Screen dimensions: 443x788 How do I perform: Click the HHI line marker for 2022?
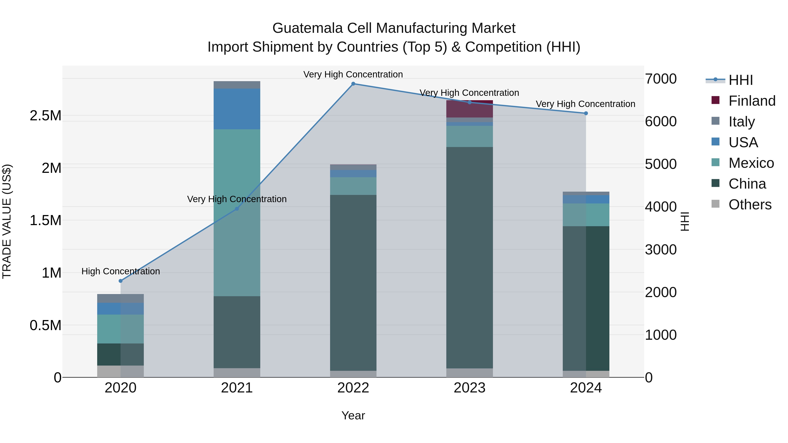(x=353, y=84)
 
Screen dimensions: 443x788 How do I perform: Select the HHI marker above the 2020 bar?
(x=121, y=281)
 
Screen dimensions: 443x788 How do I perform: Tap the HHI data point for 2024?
(x=586, y=113)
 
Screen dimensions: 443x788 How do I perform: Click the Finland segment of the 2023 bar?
(x=469, y=109)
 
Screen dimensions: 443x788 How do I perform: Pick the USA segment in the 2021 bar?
(x=237, y=109)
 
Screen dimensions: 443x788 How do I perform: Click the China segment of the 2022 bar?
(x=353, y=283)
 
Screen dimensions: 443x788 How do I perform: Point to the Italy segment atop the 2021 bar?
(x=237, y=85)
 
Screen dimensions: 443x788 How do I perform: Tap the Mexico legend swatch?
(x=716, y=163)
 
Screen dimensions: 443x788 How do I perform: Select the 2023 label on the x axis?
(x=469, y=388)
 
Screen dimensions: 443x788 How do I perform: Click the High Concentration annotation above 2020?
(x=121, y=271)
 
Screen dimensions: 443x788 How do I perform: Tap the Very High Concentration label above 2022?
(x=353, y=74)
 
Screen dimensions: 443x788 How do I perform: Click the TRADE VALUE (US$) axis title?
(x=7, y=221)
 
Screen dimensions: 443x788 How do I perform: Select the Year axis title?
(x=353, y=415)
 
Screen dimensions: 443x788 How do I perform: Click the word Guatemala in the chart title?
(x=308, y=28)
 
